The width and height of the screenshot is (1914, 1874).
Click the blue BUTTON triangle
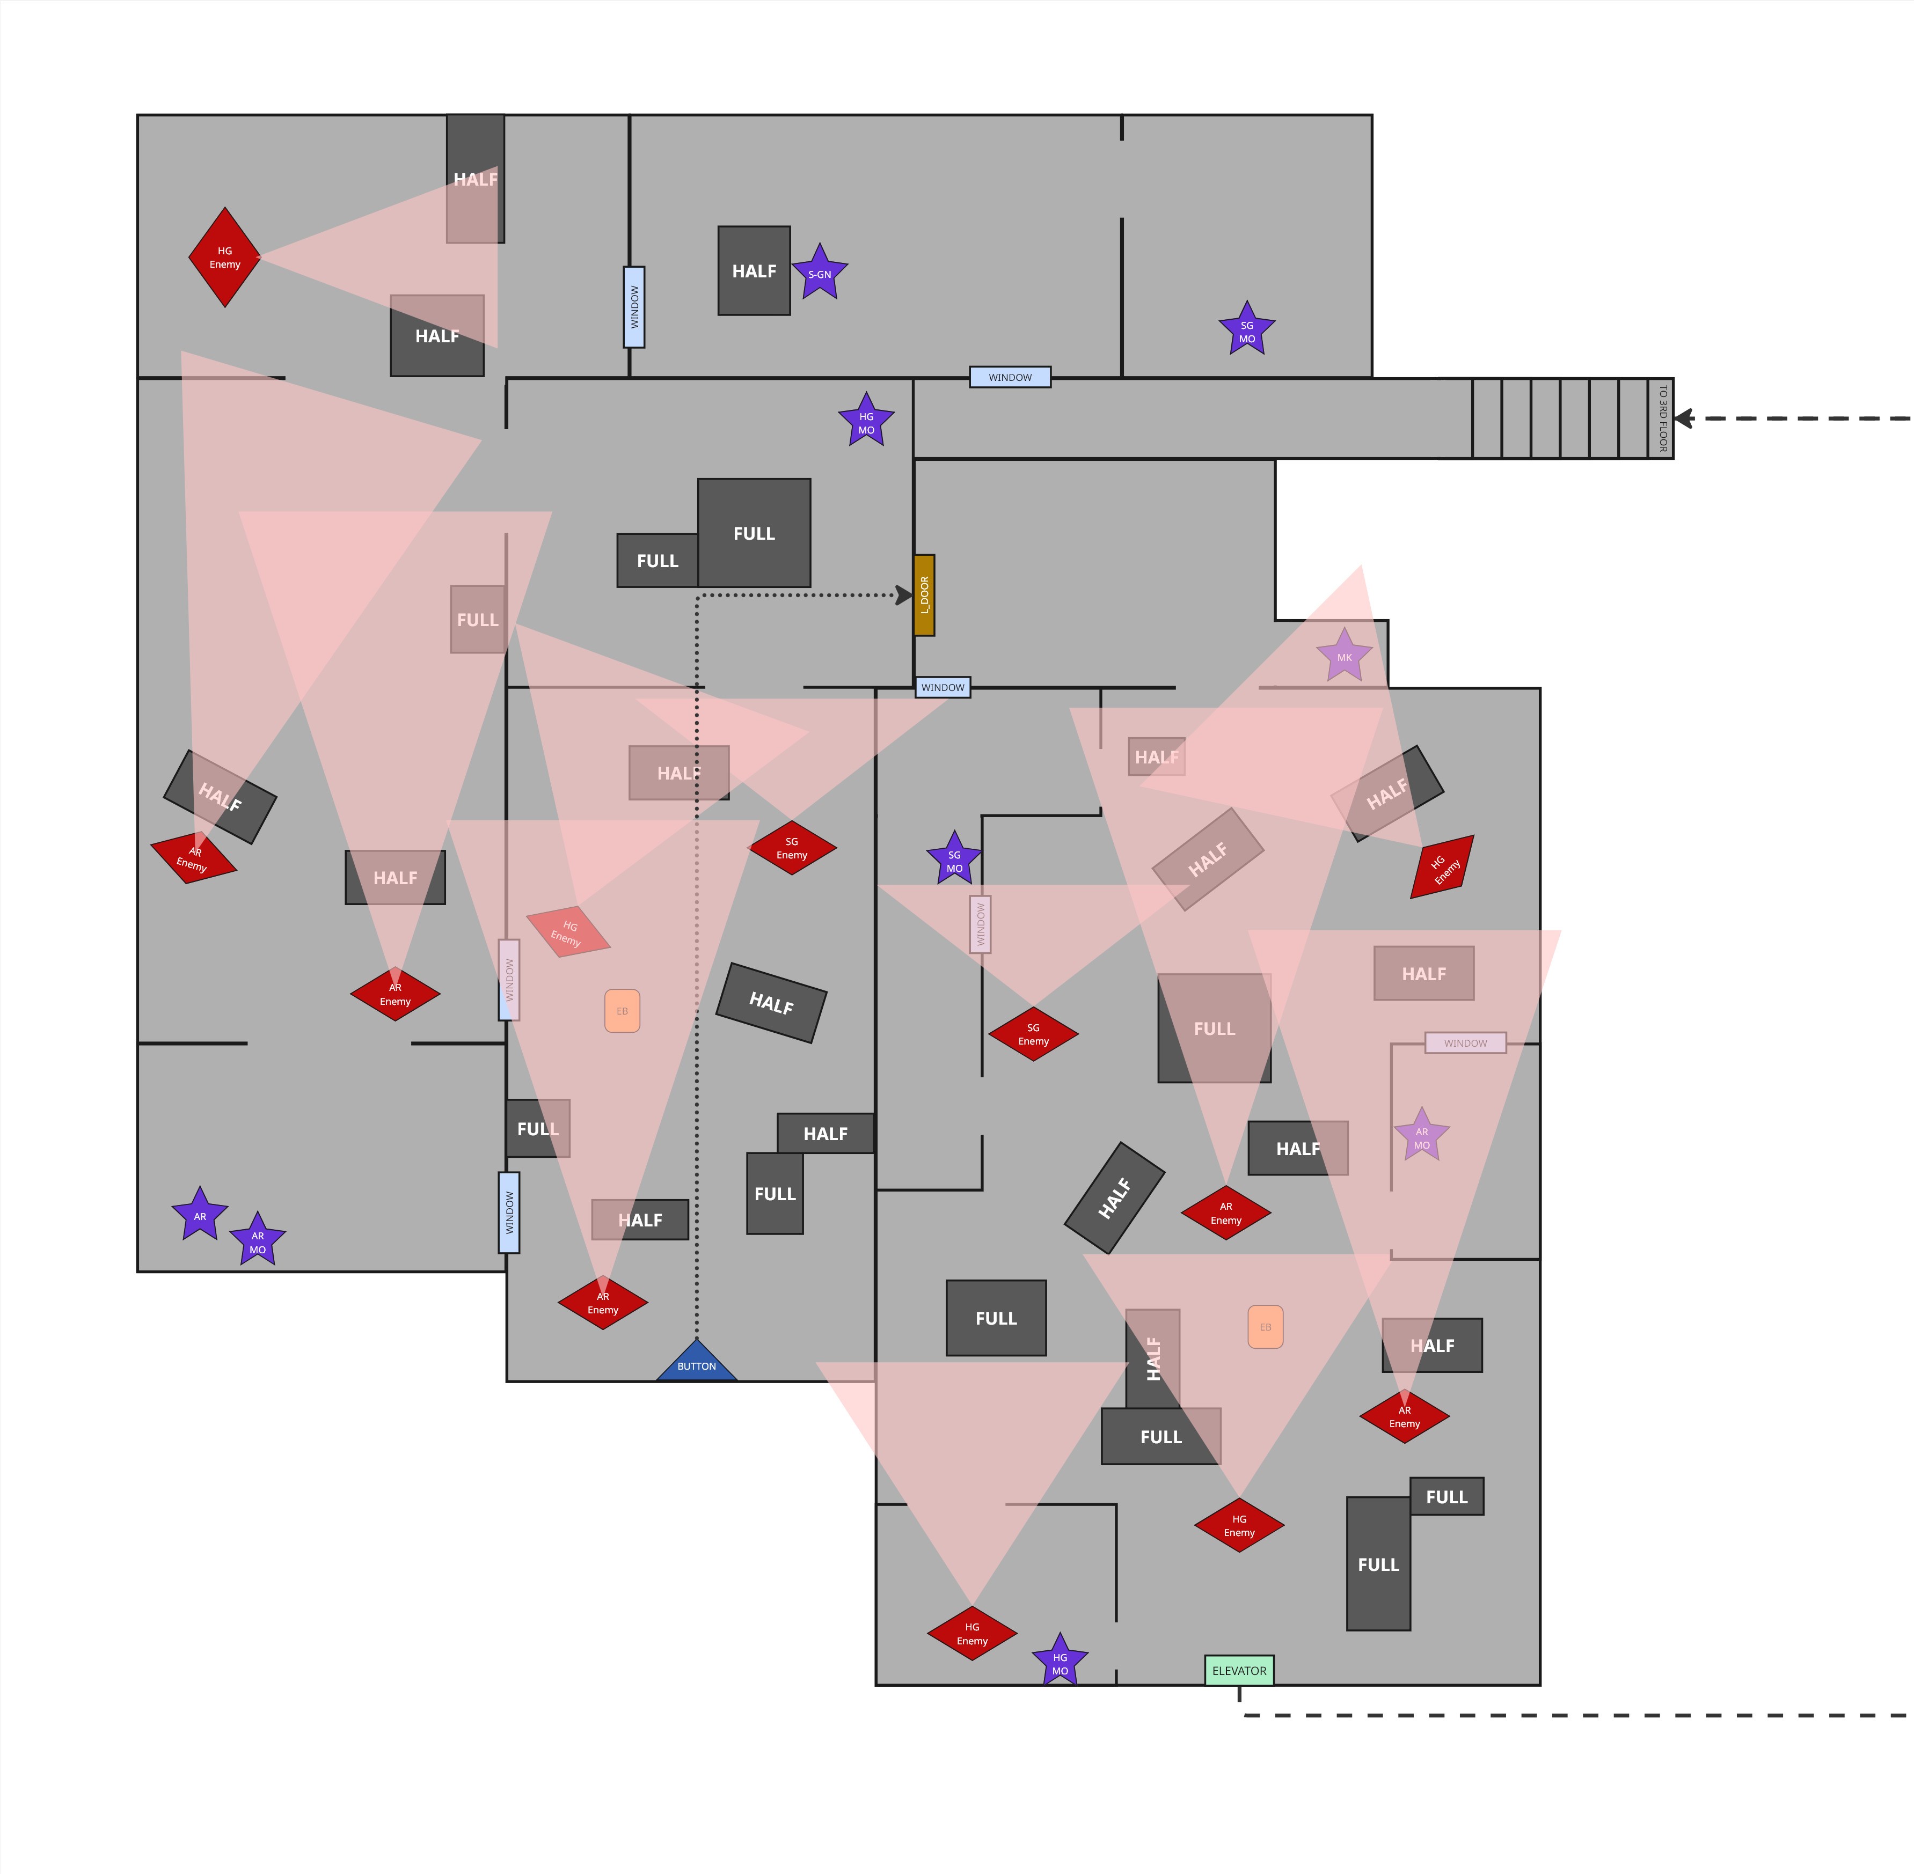697,1363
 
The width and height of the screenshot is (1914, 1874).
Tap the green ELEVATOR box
1239,1670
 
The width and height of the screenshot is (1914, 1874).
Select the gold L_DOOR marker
924,594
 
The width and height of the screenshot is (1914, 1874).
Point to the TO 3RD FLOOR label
1662,418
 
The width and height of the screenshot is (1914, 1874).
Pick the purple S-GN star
819,274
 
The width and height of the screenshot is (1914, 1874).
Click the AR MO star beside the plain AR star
258,1241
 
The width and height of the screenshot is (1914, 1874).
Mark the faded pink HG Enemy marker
568,931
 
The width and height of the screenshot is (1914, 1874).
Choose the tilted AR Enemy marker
193,858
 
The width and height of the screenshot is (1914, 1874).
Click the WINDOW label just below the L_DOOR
942,687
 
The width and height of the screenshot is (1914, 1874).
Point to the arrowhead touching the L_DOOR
904,594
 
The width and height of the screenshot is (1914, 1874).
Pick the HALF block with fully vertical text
1153,1358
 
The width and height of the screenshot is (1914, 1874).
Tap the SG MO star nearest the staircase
1246,330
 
